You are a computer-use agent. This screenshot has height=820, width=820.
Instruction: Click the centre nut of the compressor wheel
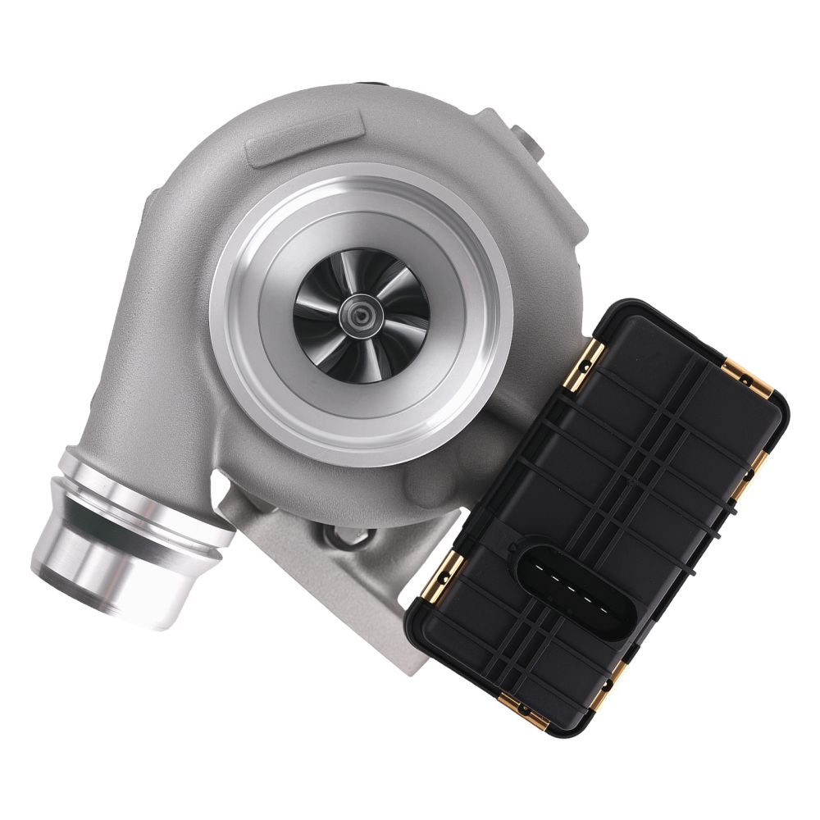359,316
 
